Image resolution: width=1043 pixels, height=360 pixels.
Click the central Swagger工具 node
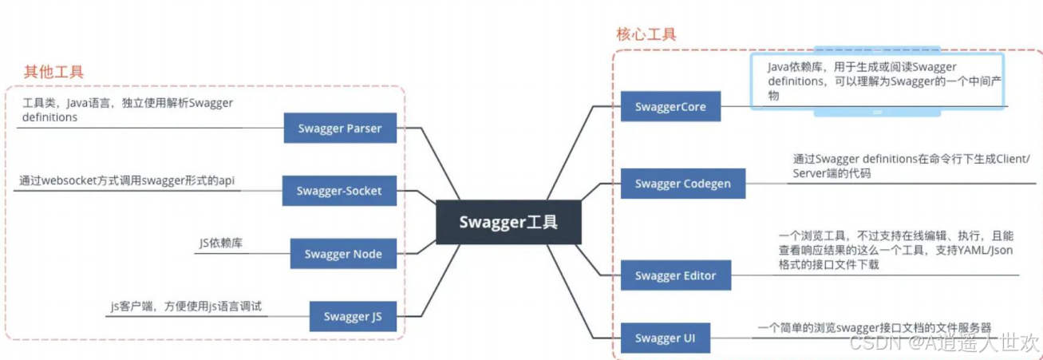tap(508, 222)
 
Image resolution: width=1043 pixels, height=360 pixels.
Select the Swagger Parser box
tap(340, 128)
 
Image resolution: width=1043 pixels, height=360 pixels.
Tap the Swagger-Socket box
tap(339, 191)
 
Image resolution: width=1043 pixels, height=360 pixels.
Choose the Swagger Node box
tap(343, 254)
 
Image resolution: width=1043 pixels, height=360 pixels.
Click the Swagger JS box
tap(353, 316)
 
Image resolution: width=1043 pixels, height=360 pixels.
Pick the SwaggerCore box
tap(670, 106)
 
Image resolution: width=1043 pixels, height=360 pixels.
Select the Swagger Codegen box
tap(683, 184)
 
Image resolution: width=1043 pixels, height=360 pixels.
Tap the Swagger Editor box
tap(676, 275)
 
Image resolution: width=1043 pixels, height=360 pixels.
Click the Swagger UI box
tap(666, 338)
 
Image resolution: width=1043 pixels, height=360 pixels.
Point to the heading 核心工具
tap(646, 34)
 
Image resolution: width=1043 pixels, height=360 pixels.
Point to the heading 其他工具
tap(54, 72)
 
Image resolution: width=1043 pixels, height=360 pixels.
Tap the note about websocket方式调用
tap(127, 181)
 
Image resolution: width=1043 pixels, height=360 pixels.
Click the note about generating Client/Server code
tap(911, 166)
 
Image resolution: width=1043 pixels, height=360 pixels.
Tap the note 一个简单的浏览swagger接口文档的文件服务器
tap(874, 327)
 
